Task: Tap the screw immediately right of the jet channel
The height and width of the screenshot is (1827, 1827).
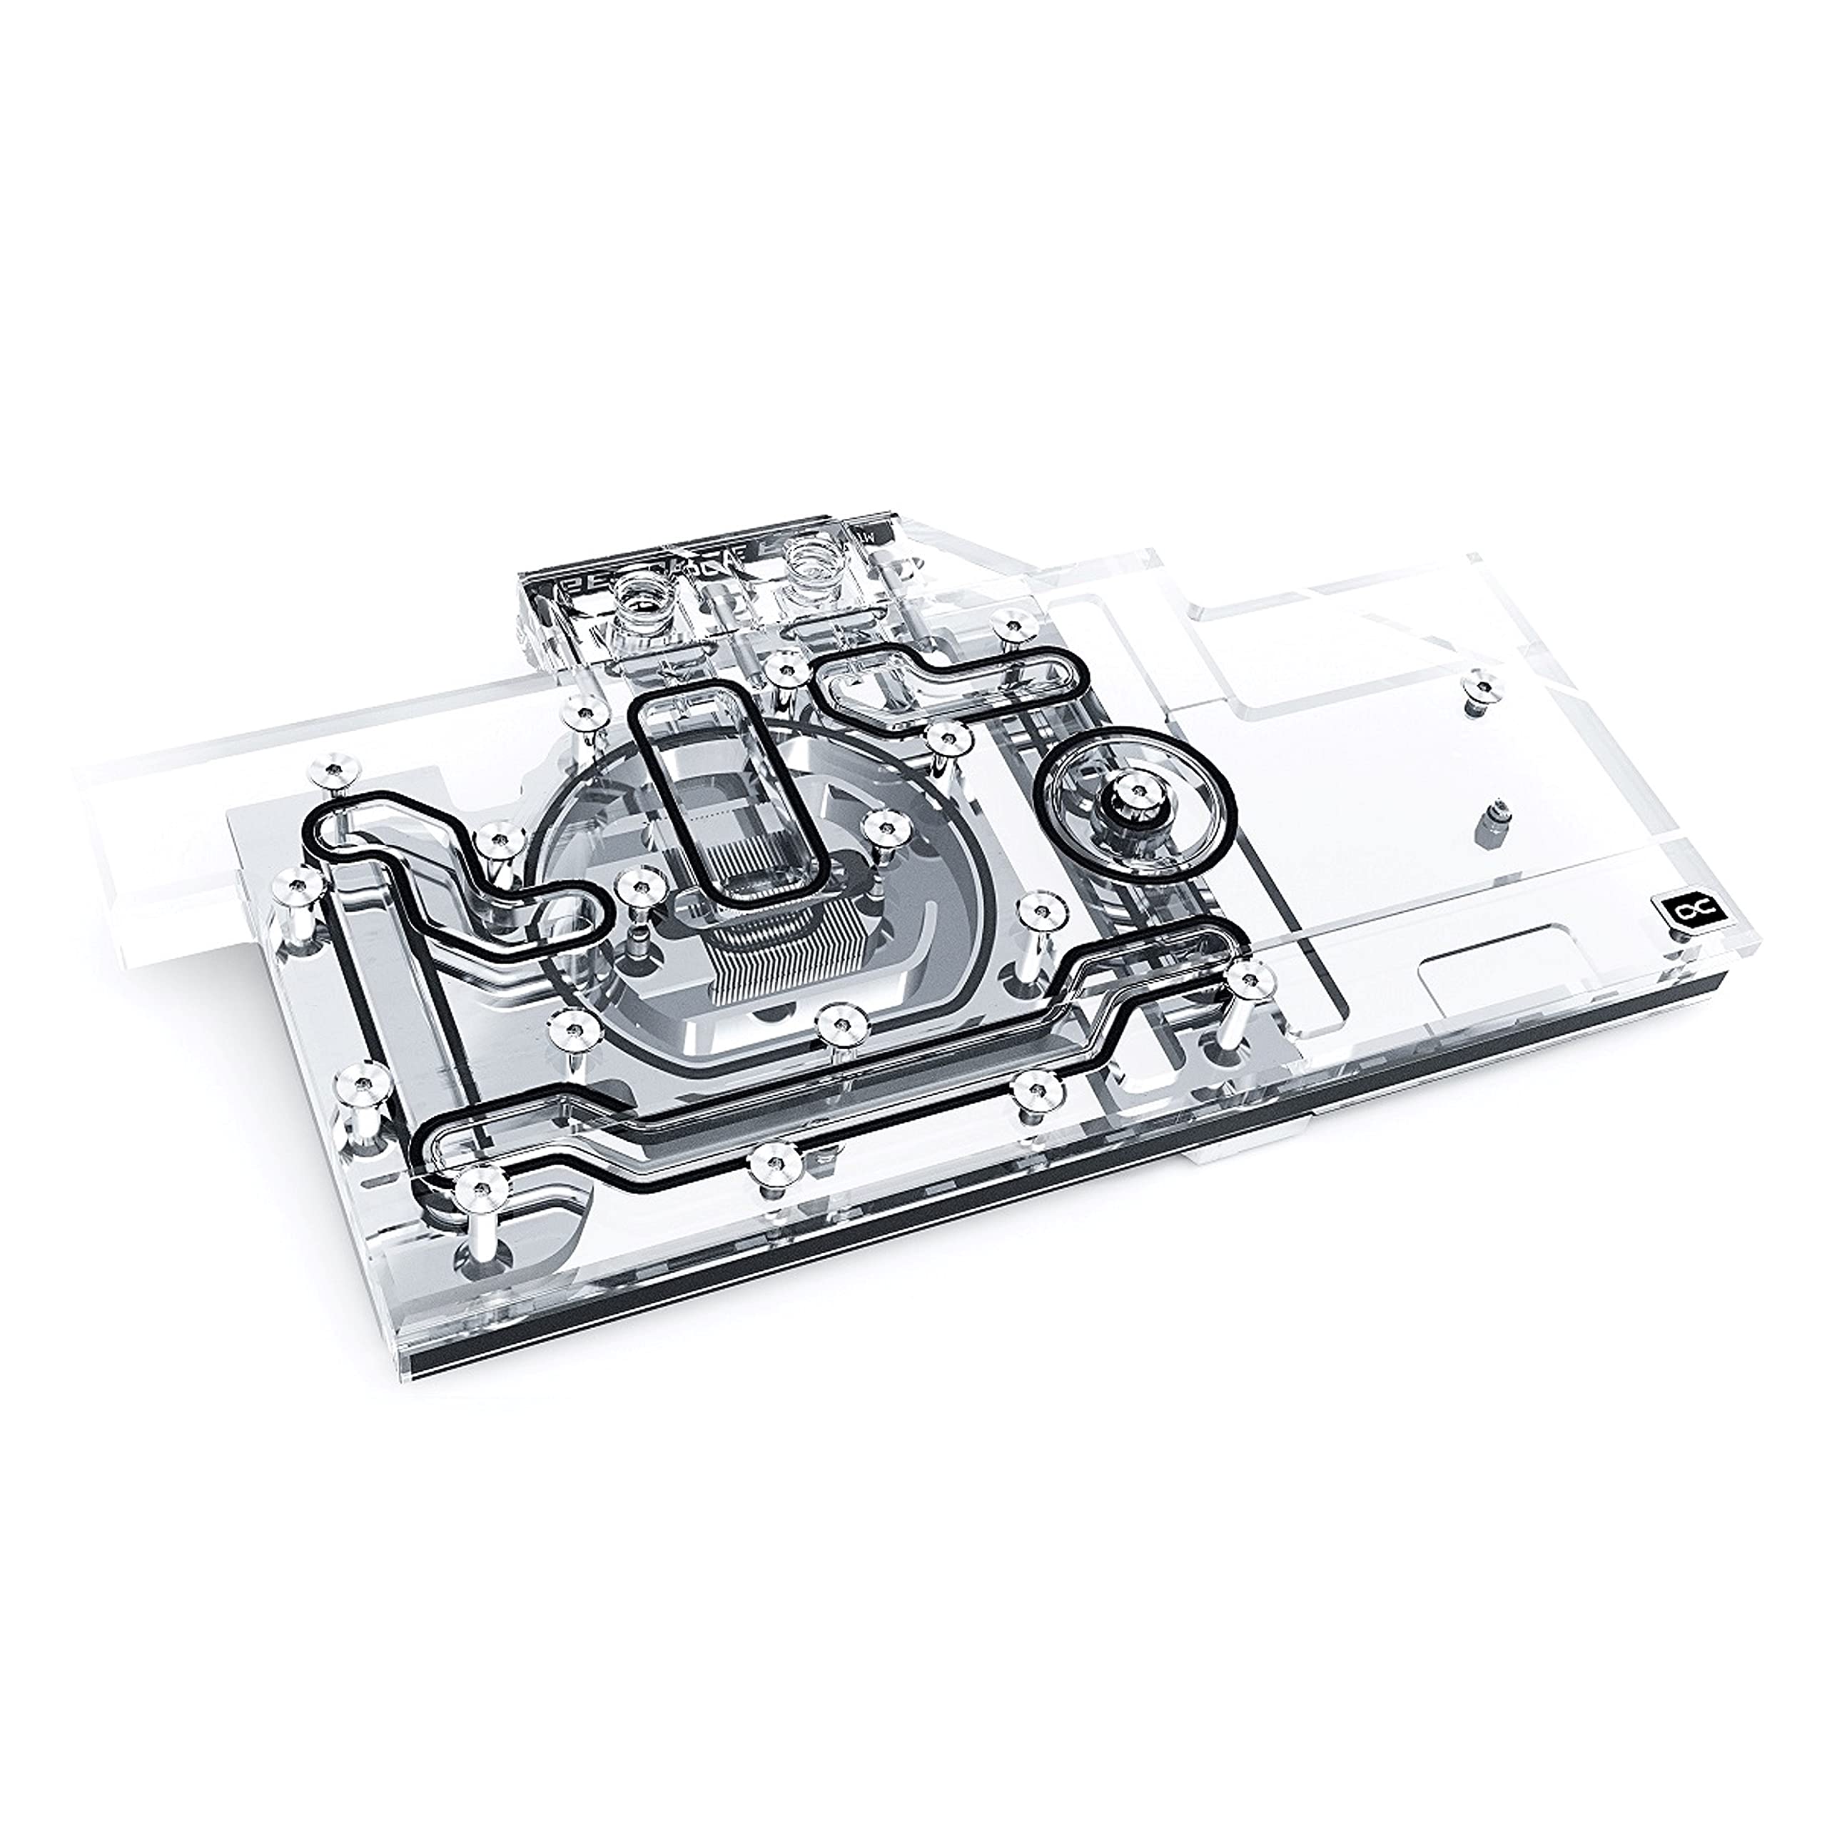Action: (x=881, y=826)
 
